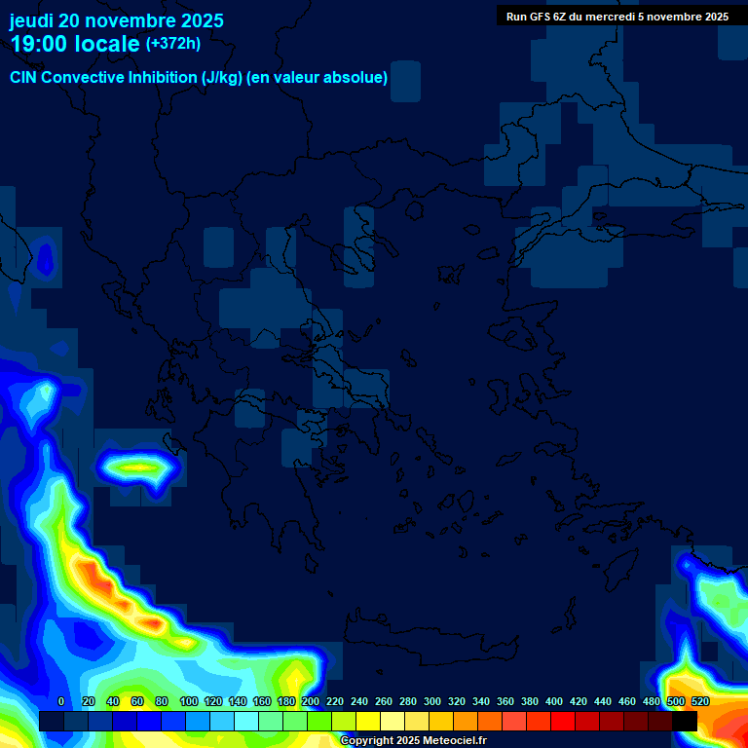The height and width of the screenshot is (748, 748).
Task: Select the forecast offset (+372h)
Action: [173, 43]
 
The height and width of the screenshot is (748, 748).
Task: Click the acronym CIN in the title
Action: [24, 78]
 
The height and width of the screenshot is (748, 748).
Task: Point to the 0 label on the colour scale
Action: [61, 701]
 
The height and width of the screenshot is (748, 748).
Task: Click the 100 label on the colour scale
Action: [189, 701]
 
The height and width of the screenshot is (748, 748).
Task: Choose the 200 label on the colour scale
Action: [311, 701]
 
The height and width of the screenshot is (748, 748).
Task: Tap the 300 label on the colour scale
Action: [432, 701]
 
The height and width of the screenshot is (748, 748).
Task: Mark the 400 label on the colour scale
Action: [554, 701]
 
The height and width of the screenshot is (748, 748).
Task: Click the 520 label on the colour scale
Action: [699, 701]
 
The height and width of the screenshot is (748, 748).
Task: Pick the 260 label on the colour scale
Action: [384, 701]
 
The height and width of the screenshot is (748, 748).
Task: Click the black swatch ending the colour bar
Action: [685, 721]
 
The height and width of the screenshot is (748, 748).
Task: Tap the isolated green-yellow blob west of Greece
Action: [140, 468]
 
